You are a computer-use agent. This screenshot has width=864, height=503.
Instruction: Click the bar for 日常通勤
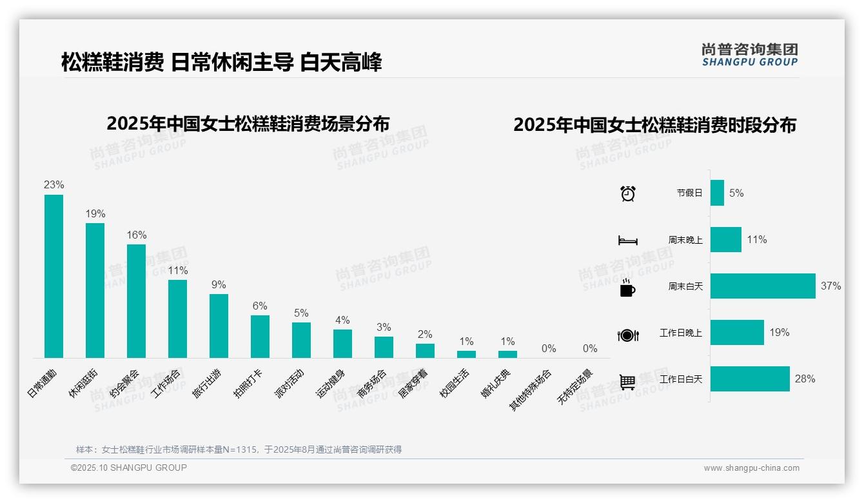click(54, 276)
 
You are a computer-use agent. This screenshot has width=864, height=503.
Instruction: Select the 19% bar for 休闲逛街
click(95, 290)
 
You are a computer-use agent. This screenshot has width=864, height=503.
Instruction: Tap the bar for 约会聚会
click(136, 301)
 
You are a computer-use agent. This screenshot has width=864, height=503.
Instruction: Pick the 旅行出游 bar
click(219, 326)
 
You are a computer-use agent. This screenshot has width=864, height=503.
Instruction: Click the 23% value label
click(54, 184)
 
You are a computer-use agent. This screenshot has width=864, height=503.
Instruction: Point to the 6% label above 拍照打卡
click(260, 306)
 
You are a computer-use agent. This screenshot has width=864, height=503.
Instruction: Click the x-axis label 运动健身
click(331, 383)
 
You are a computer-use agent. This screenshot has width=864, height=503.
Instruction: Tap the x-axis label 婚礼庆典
click(496, 383)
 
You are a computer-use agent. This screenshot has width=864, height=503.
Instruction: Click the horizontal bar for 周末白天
click(763, 286)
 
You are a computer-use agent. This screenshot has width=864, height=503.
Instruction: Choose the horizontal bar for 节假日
click(717, 193)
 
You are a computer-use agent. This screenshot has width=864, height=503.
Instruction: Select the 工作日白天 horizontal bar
click(750, 379)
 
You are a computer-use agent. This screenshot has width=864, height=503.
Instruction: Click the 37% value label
click(830, 286)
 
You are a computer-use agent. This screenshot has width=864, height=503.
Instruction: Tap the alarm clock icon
click(627, 193)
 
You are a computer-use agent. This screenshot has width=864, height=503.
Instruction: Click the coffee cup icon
click(627, 288)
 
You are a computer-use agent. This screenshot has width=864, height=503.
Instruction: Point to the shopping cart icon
click(627, 382)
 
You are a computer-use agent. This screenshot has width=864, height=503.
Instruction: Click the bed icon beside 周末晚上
click(627, 241)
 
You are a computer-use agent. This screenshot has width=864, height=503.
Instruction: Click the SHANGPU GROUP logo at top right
click(749, 54)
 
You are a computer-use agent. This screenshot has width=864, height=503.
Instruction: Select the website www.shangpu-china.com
click(751, 468)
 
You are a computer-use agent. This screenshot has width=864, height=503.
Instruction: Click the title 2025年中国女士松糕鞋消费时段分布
click(654, 124)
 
